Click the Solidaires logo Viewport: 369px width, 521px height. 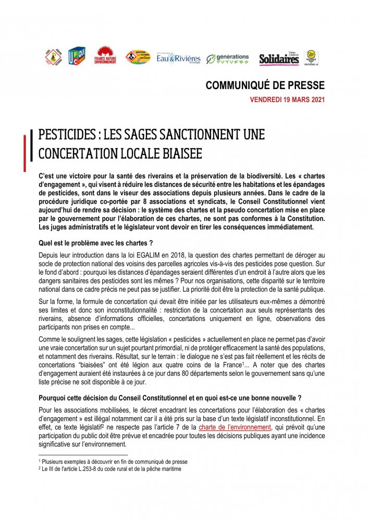(279, 59)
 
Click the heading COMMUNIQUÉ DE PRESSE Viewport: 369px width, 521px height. (265, 85)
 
